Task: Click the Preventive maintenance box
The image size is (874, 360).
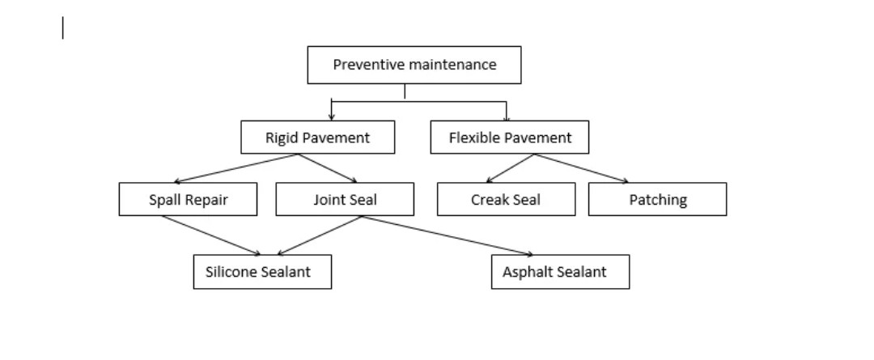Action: click(414, 65)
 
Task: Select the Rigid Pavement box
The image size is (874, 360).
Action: click(317, 138)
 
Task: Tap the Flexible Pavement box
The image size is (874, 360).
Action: click(509, 138)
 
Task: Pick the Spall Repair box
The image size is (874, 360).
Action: click(188, 200)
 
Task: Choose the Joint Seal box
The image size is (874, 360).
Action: click(345, 200)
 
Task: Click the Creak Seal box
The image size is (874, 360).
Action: click(506, 200)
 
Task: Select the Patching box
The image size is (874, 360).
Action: click(657, 200)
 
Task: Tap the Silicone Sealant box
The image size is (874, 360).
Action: click(262, 272)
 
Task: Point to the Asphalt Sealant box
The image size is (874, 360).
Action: click(560, 272)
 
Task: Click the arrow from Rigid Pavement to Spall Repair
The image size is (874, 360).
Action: click(235, 168)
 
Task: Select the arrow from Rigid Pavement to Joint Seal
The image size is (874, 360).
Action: click(328, 168)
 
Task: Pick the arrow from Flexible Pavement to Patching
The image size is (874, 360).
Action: click(581, 168)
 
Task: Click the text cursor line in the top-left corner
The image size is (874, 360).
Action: click(63, 28)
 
